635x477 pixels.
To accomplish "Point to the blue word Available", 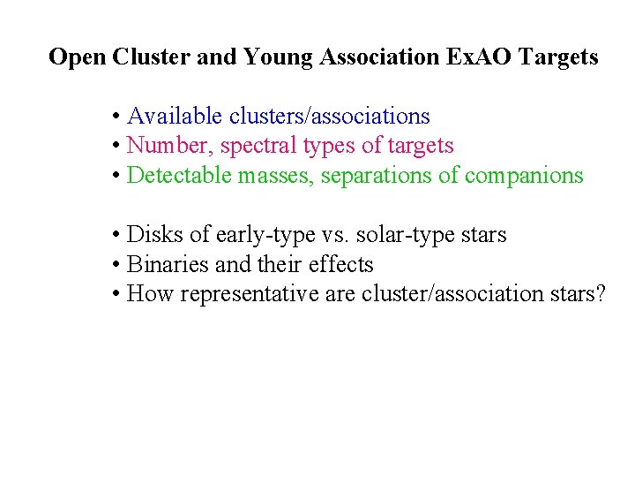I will (x=176, y=116).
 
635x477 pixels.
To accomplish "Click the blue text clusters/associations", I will (x=329, y=116).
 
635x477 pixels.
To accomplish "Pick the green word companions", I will (x=524, y=176).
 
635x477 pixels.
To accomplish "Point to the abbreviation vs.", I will (x=334, y=235).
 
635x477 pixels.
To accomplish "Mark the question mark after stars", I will (x=601, y=293).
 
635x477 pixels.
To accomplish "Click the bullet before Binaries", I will (x=116, y=265).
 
